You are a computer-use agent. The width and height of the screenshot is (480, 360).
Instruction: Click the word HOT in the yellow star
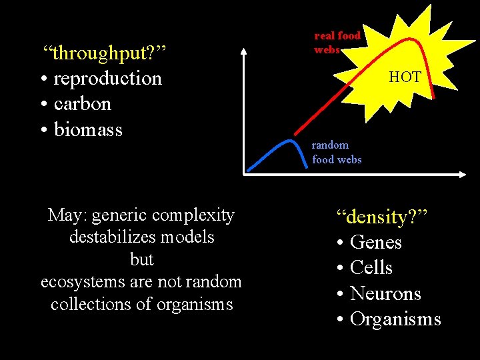(405, 77)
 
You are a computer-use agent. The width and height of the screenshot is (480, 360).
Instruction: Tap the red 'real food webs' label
(337, 42)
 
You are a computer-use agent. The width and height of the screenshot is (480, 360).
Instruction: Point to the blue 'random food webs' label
(337, 152)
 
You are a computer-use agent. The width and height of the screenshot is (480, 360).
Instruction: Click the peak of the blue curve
(289, 141)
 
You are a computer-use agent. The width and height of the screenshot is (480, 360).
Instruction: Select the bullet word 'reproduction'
(107, 78)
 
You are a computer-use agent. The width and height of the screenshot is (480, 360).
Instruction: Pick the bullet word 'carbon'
(82, 103)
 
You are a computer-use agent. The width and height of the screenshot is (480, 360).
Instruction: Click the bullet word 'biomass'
(88, 129)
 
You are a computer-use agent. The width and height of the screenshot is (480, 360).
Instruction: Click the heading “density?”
(381, 217)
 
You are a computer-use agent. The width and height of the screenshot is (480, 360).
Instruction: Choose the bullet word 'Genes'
(375, 242)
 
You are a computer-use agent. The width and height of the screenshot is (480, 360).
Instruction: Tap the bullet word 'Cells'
(371, 267)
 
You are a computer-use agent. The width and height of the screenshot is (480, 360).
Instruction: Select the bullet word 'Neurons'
(385, 293)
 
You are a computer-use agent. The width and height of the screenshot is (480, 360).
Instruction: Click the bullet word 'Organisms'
(395, 319)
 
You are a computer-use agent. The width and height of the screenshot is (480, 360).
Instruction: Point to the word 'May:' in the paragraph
(67, 215)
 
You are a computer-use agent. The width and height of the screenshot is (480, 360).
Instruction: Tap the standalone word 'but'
(141, 259)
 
